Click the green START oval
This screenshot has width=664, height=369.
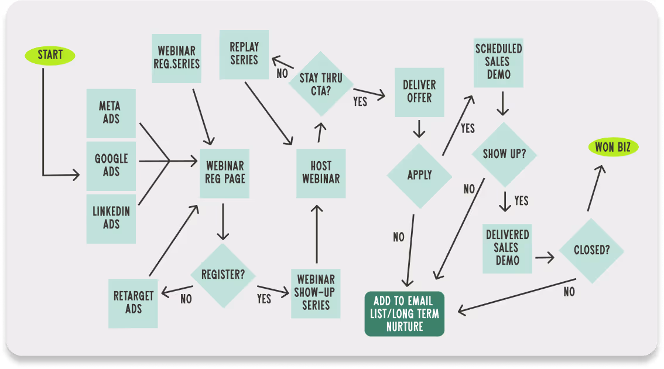[50, 55]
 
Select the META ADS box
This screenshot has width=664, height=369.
[111, 113]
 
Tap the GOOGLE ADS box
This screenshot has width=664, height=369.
[111, 166]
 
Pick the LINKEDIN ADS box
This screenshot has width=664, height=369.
[111, 218]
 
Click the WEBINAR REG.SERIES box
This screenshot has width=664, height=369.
[176, 57]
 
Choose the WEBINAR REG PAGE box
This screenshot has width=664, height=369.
[224, 173]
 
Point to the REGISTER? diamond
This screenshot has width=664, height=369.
[223, 274]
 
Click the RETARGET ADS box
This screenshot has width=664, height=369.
[134, 302]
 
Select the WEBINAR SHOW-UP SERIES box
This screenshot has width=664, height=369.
[316, 292]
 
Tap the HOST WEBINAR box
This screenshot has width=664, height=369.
[321, 173]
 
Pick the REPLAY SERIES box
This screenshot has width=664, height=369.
[244, 54]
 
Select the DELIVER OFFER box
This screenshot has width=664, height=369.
[419, 91]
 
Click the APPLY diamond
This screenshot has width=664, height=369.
[419, 175]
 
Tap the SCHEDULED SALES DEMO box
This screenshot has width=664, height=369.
[498, 62]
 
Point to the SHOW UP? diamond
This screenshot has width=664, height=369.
[504, 155]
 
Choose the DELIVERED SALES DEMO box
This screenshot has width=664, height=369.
[507, 247]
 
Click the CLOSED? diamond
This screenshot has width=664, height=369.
[591, 250]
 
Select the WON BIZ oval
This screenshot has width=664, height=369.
[612, 147]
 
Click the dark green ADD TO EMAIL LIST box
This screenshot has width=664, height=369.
[405, 314]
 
